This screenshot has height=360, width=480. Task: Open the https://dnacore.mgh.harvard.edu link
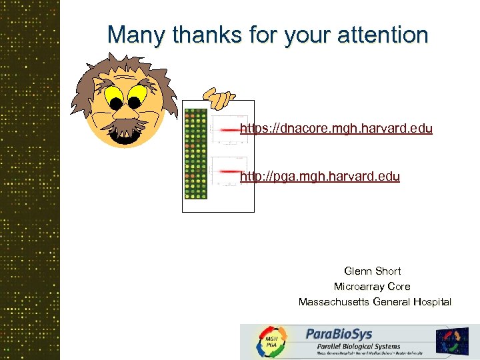(336, 128)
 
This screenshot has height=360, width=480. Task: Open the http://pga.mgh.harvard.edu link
(320, 177)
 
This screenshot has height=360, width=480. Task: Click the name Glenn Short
(373, 271)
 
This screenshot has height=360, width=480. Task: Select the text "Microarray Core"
(372, 287)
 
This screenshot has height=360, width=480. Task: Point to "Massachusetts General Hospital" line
(375, 302)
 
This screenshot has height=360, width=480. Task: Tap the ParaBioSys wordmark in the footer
(339, 333)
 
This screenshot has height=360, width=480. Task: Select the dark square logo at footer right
(452, 341)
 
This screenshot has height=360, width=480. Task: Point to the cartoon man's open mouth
(124, 135)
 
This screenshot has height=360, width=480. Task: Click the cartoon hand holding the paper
(218, 99)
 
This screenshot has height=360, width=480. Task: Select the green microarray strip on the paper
(195, 153)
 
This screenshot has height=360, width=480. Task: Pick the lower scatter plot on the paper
(229, 171)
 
